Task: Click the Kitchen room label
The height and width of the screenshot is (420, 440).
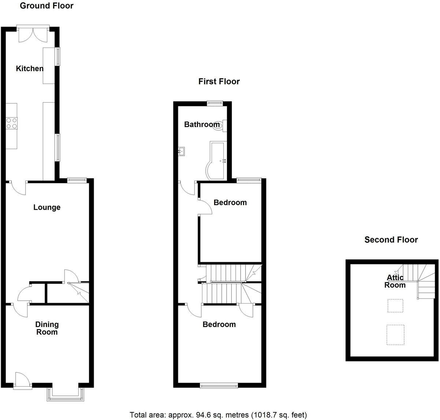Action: pos(30,68)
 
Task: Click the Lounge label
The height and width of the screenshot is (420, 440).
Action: pos(47,207)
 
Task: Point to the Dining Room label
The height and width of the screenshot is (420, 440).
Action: pos(47,328)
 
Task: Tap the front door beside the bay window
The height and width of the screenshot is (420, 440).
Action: pos(21,380)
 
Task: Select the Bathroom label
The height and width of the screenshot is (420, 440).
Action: pos(202,124)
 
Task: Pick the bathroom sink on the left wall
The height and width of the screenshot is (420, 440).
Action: pos(182,150)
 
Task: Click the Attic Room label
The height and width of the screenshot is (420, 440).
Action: pos(395,281)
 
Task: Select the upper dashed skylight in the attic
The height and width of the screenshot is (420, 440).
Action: pos(395,305)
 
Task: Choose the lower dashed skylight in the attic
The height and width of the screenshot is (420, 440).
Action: pos(396,335)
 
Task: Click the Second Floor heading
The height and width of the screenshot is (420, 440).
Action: pos(391,240)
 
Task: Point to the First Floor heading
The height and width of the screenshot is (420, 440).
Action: pos(219,81)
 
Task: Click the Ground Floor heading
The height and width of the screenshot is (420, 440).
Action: pos(46,5)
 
